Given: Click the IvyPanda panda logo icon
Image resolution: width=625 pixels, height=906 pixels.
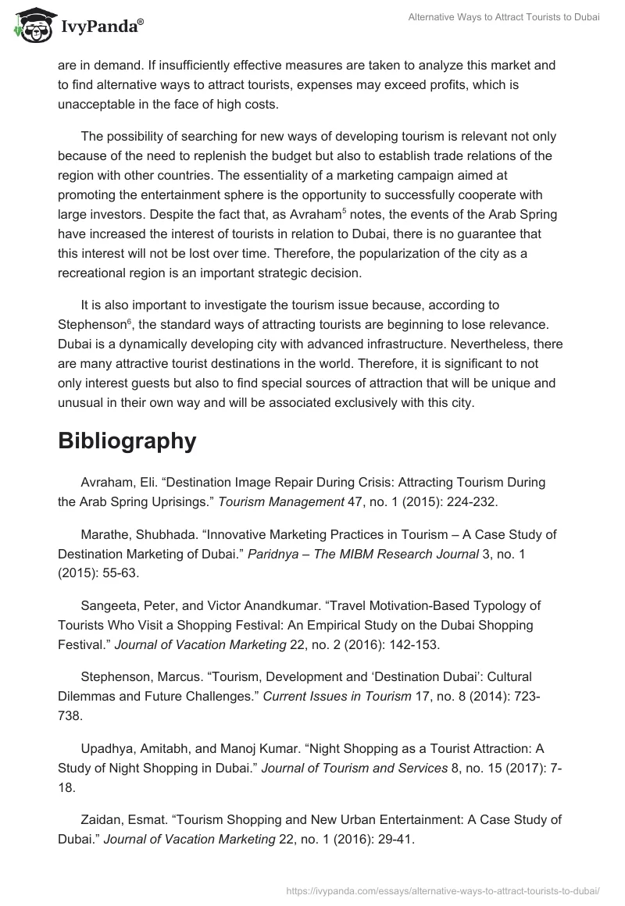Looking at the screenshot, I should point(31,25).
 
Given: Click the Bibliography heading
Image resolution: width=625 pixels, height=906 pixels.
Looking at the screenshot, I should point(127,441).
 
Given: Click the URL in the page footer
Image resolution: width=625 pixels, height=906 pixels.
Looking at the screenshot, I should point(443,890).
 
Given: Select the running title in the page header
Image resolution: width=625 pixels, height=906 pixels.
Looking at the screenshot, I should point(504,17).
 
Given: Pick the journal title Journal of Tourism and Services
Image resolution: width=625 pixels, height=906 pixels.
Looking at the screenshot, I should point(354,769).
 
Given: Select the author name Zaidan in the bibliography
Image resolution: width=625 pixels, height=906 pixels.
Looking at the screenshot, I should point(102,819).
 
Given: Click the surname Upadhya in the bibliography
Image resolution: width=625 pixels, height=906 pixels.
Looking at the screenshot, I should point(107,748).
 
